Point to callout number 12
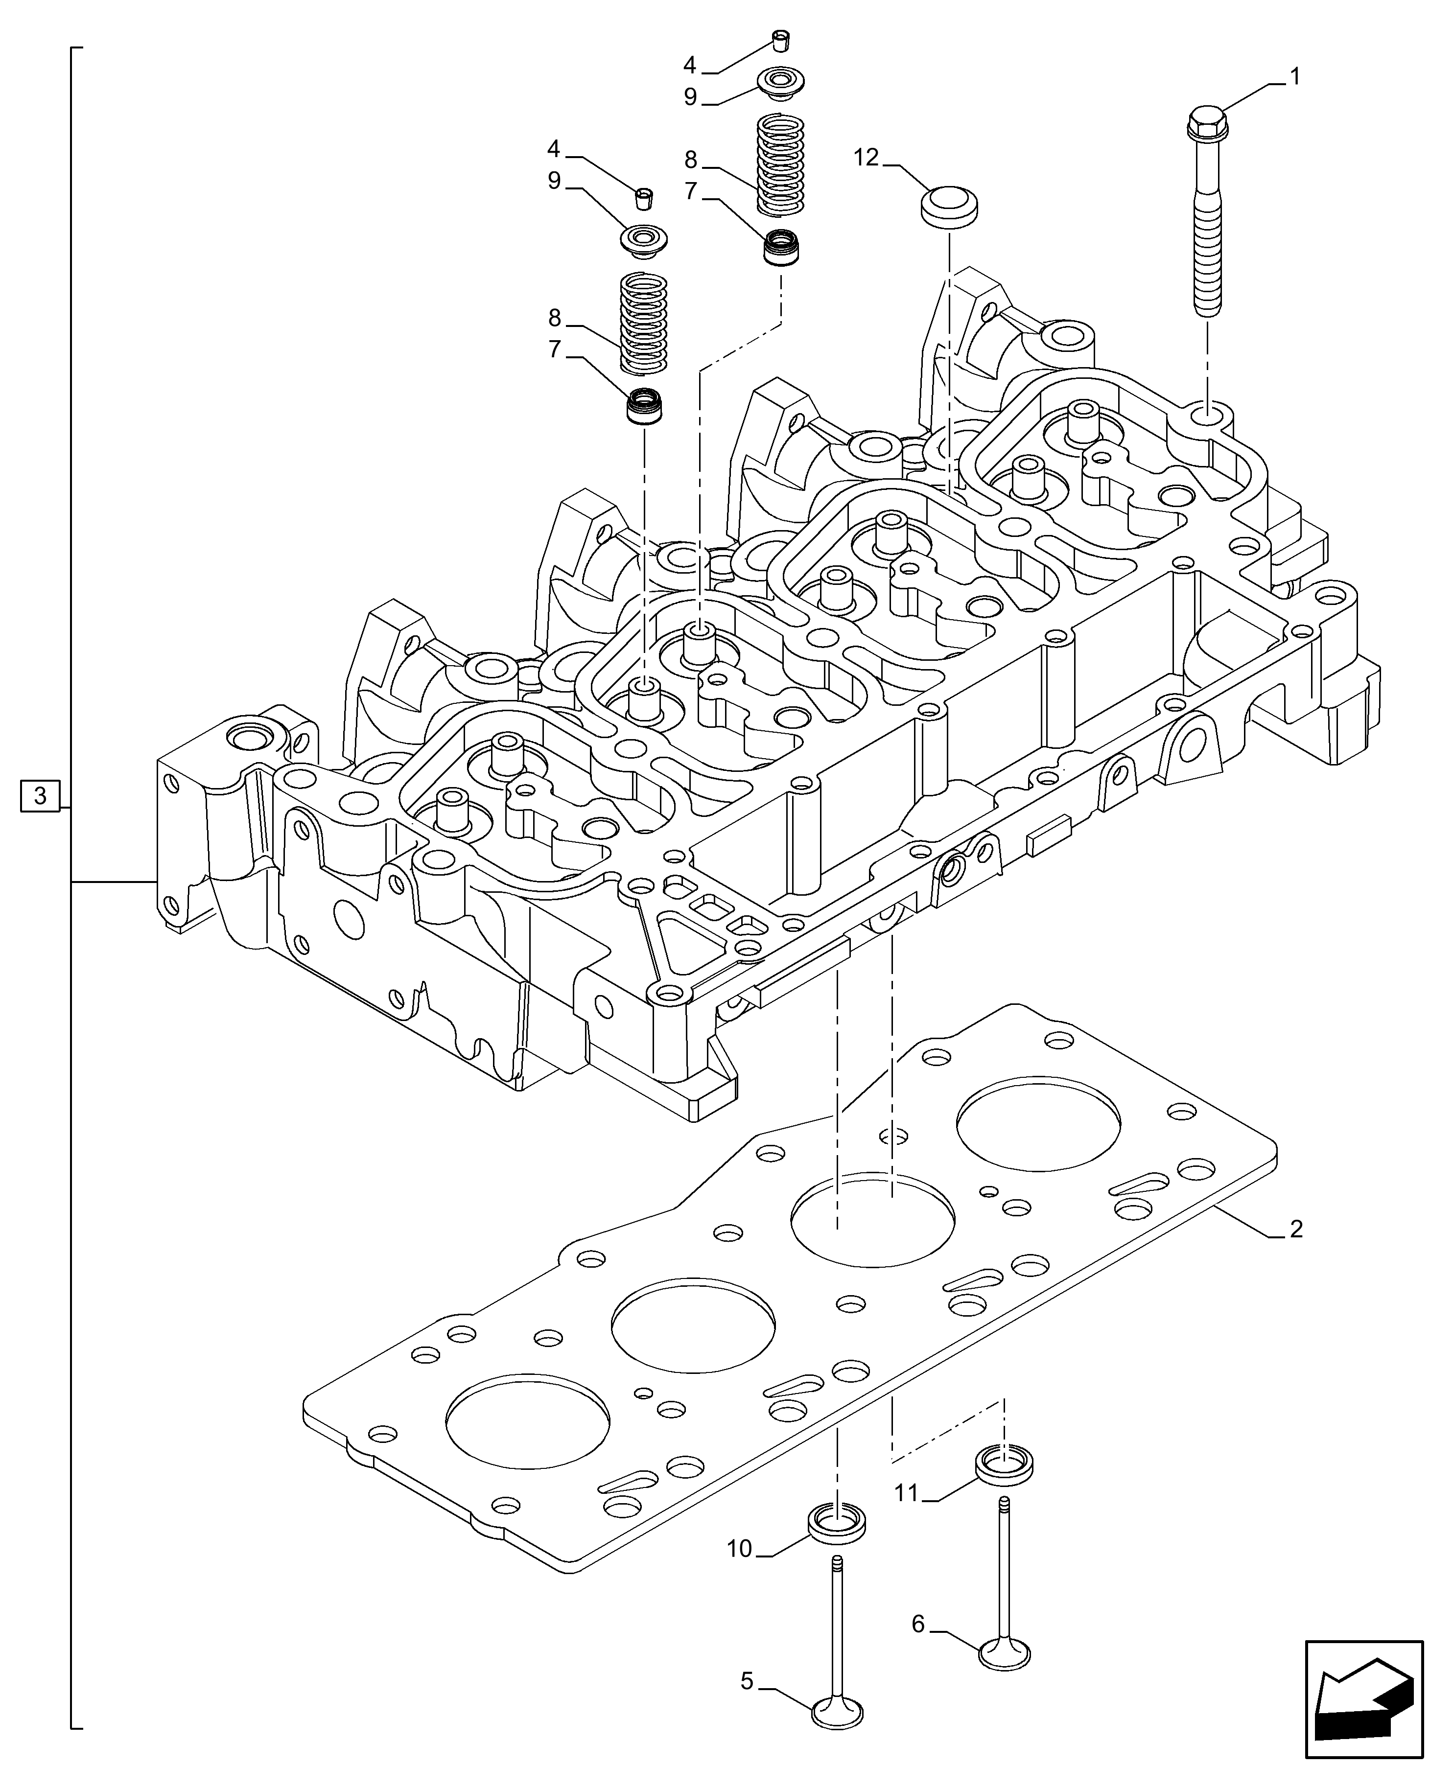(867, 157)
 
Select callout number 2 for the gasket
(1296, 1252)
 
